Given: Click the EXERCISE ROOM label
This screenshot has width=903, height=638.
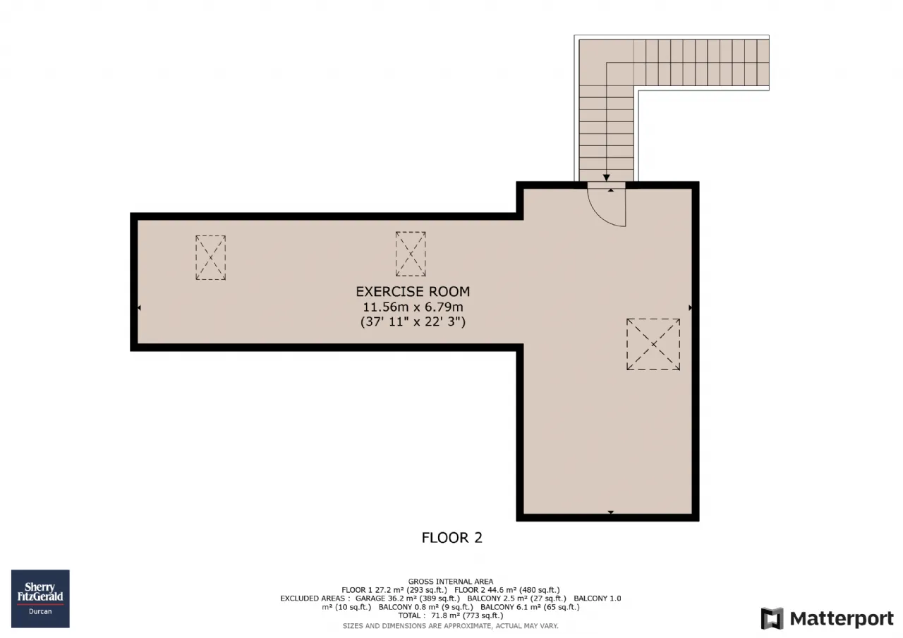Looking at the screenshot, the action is point(413,291).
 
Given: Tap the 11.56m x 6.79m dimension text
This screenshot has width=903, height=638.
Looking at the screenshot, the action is point(413,307).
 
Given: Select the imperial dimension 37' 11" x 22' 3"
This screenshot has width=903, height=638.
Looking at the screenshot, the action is point(413,321).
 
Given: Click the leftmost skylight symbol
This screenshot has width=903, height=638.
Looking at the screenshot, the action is point(210,258).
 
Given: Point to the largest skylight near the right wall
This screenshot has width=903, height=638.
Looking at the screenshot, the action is point(653,344).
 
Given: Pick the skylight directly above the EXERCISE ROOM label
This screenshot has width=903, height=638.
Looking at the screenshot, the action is point(411,254).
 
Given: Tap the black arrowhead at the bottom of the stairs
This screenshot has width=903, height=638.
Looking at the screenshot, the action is point(606,178).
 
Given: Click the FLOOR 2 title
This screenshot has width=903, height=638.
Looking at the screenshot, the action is point(452,538).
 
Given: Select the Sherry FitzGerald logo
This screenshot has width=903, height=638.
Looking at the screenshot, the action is point(40,599).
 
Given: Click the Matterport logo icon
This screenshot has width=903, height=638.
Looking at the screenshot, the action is point(772,618).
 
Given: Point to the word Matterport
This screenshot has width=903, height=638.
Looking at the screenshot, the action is point(842,619).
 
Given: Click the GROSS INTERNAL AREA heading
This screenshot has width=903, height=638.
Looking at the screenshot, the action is point(451,582).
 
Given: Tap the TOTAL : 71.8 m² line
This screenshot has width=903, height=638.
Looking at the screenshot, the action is point(451,615).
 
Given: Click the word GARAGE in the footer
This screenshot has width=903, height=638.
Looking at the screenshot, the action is point(370,599).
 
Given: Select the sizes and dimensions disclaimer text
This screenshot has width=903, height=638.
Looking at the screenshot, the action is point(451,626).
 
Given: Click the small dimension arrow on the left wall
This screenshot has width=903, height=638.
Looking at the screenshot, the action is point(139,308).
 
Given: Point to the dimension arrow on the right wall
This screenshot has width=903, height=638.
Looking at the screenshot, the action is point(690,308).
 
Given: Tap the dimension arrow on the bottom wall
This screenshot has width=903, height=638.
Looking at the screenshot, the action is point(611,513).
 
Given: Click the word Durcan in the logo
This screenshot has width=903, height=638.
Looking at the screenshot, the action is point(40,611).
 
